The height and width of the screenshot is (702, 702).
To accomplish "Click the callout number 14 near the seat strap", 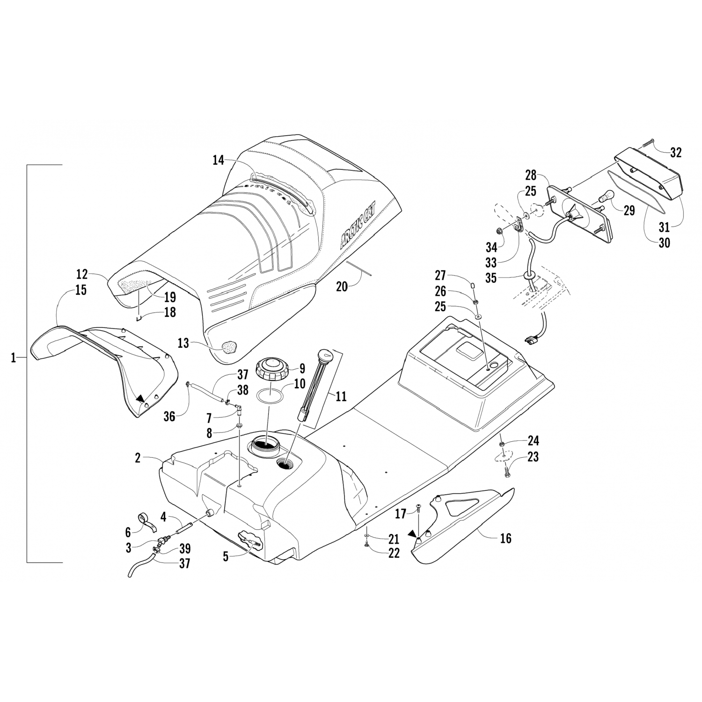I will tap(218, 161).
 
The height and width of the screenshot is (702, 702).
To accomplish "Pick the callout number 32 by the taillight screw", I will tap(675, 152).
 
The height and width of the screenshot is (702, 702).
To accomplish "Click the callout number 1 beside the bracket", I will tap(14, 358).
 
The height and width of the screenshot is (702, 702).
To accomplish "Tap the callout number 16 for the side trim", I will tap(505, 538).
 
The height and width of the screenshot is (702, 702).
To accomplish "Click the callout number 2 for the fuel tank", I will tap(138, 458).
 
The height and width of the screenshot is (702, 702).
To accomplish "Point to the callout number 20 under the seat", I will tap(342, 286).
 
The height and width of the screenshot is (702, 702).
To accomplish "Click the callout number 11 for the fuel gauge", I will tap(341, 396).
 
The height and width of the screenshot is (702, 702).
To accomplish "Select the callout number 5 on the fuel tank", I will tap(226, 557).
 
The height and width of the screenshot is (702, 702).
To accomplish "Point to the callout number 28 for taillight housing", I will tap(530, 175).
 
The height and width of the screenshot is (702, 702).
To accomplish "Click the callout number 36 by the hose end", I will tap(169, 416).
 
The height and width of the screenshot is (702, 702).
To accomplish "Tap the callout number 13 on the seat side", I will tap(183, 343).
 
